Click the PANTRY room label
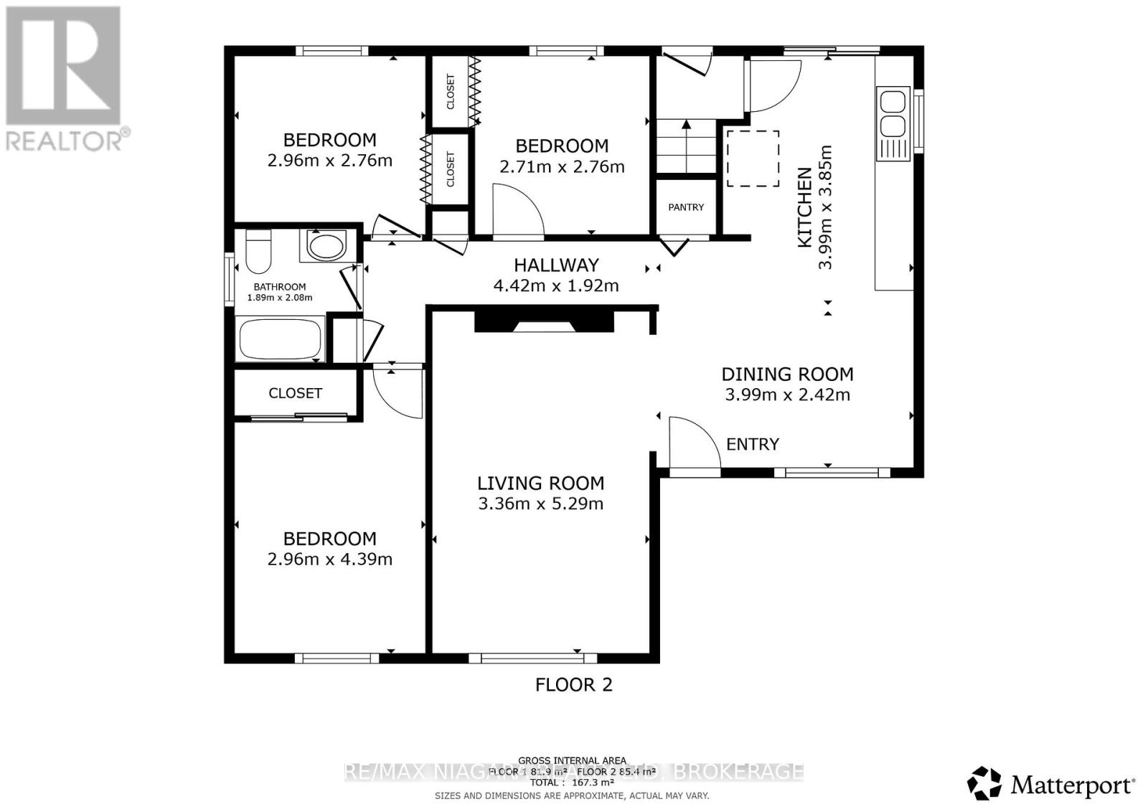pyautogui.click(x=686, y=207)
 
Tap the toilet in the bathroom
pyautogui.click(x=257, y=250)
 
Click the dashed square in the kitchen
pyautogui.click(x=753, y=159)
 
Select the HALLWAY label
pyautogui.click(x=556, y=265)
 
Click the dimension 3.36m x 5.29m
pyautogui.click(x=540, y=504)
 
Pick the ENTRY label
pyautogui.click(x=752, y=445)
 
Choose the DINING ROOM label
pyautogui.click(x=787, y=374)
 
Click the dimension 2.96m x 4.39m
pyautogui.click(x=329, y=560)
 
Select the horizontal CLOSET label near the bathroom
pyautogui.click(x=295, y=393)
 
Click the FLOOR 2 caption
pyautogui.click(x=573, y=684)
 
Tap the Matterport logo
pyautogui.click(x=1050, y=784)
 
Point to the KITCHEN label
pyautogui.click(x=805, y=207)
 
